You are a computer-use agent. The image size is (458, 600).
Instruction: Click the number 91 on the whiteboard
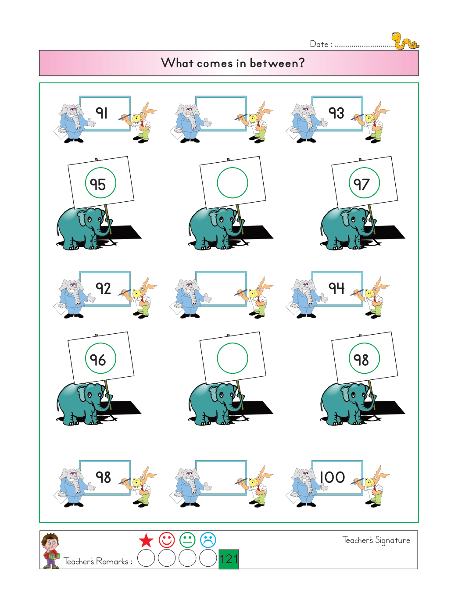101,113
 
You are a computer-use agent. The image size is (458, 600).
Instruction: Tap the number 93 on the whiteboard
336,113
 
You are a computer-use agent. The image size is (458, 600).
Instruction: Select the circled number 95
98,184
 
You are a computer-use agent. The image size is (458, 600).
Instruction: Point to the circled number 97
361,184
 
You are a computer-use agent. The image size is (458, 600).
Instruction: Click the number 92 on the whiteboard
103,289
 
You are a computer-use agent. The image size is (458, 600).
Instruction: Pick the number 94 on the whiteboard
336,288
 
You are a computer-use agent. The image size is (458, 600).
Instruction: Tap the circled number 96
98,360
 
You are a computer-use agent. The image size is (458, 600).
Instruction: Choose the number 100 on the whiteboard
333,478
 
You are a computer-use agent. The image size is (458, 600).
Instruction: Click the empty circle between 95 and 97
233,168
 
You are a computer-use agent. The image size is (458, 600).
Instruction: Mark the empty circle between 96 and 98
233,343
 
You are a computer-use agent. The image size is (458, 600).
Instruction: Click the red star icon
146,540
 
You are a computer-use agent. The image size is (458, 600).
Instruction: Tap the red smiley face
167,540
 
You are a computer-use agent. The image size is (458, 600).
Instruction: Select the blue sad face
208,540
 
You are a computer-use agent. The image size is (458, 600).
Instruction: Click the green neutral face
187,540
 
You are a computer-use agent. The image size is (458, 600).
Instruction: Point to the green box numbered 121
229,559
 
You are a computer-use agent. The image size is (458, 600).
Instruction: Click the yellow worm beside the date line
404,41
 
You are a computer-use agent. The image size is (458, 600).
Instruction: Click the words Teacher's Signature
376,540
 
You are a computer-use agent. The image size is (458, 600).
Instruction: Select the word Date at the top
319,44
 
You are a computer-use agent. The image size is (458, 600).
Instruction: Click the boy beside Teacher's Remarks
50,551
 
